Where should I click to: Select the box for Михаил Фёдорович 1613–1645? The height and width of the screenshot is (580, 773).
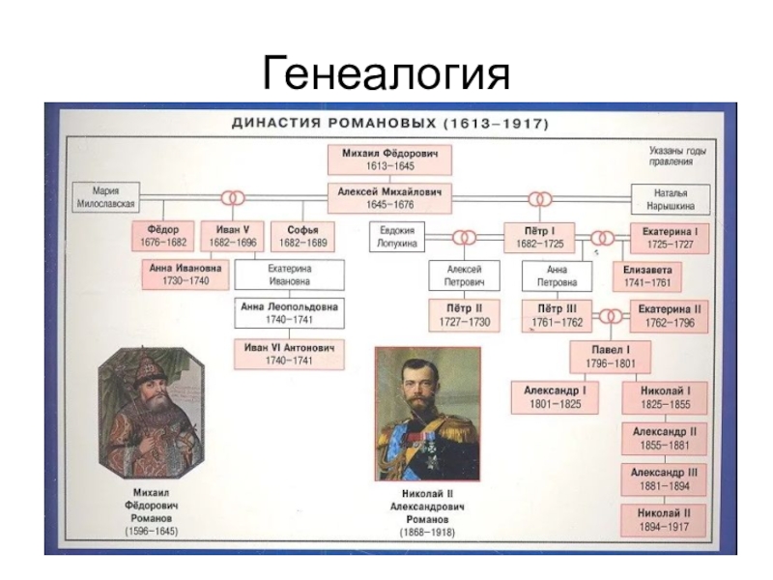pos(388,159)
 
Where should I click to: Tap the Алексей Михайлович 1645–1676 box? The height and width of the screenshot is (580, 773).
pos(388,198)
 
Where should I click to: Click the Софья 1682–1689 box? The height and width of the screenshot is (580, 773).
pos(296,237)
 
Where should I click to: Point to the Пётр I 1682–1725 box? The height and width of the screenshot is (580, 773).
pos(539,237)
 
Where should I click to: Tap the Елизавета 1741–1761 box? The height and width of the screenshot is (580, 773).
pos(646,276)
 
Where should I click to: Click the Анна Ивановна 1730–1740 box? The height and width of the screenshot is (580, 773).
pos(185,275)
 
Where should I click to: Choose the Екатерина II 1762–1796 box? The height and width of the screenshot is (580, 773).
pos(668,315)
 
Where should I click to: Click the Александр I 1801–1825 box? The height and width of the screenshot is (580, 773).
pos(555,396)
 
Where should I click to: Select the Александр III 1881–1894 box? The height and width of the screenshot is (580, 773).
pos(664,478)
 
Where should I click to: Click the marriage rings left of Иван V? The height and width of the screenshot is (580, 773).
pos(231,198)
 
